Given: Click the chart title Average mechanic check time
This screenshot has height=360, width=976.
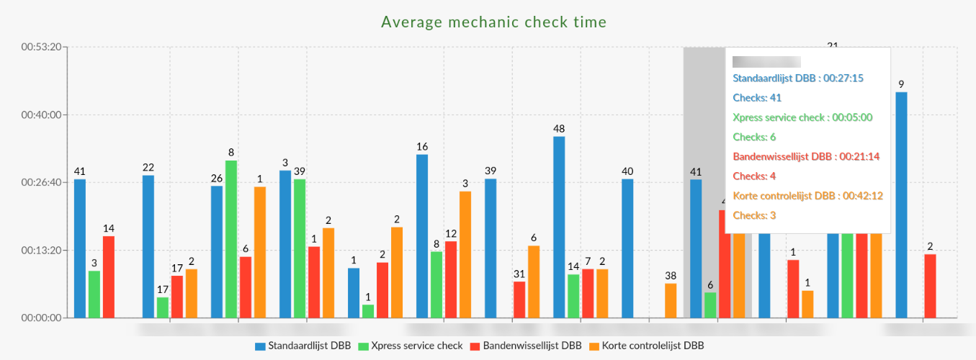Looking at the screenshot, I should [x=493, y=22].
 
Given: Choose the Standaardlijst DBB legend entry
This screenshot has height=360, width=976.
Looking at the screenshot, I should [x=303, y=346].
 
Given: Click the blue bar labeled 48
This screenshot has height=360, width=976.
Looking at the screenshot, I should [x=559, y=227].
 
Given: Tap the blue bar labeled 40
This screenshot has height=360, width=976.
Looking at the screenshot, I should [x=627, y=248].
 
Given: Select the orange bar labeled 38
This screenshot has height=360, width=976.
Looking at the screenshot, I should [x=671, y=300].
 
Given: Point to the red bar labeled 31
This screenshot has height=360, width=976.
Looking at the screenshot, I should [x=519, y=300].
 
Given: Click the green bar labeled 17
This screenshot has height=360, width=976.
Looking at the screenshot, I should [x=163, y=307].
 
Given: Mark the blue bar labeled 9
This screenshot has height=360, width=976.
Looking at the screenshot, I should [x=901, y=205].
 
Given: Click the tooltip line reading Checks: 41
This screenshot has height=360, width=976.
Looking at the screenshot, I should [x=757, y=97].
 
